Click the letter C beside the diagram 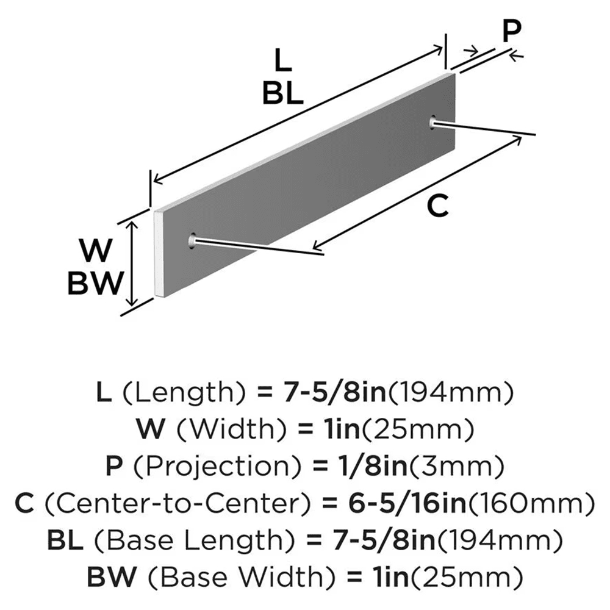(437, 207)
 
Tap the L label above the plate (282, 62)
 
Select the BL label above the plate (283, 95)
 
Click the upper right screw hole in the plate (432, 123)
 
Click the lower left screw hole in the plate (193, 241)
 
